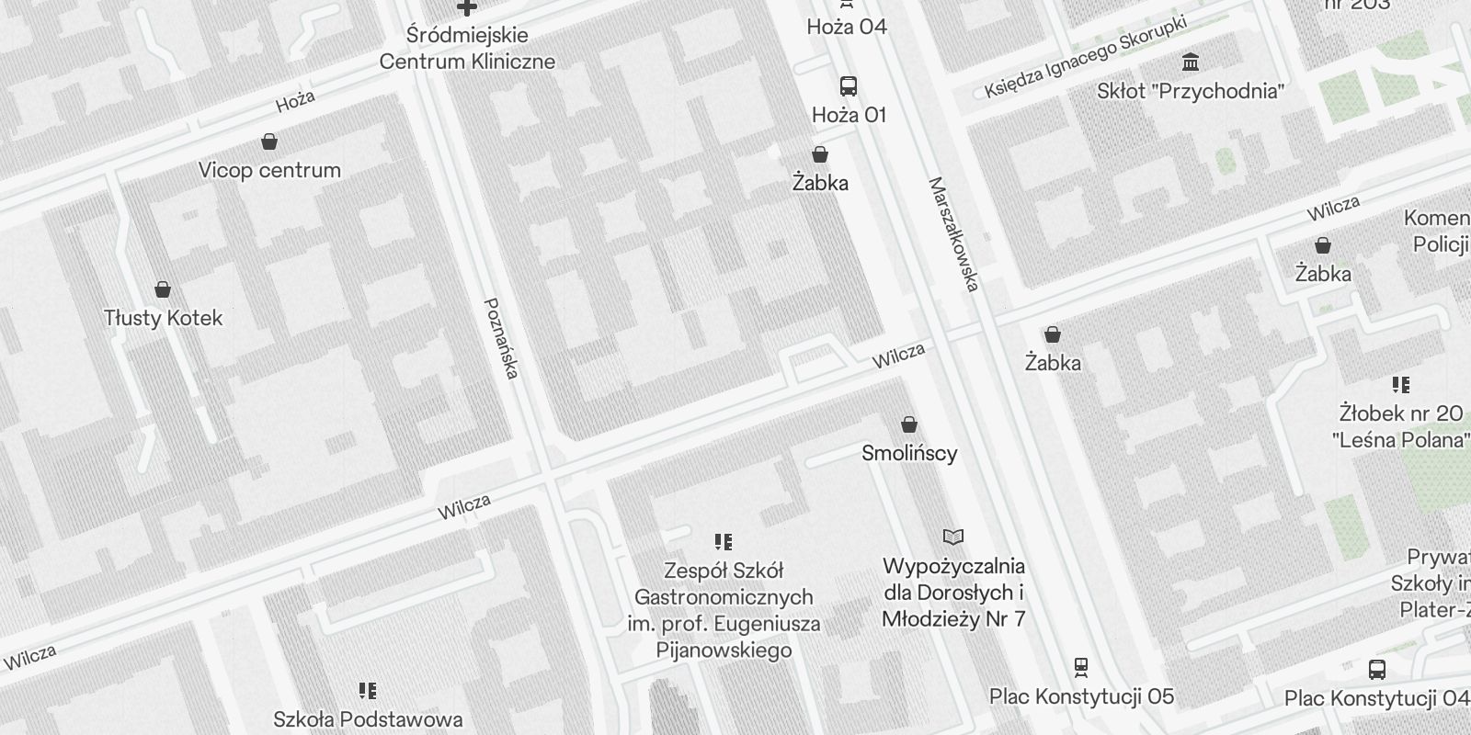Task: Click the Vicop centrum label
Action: (269, 170)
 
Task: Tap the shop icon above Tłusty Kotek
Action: (163, 290)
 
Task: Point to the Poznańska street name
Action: (502, 337)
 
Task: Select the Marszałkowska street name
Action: (952, 234)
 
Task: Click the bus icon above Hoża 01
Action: (849, 87)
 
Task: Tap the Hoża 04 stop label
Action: (847, 27)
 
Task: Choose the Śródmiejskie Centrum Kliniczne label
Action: (467, 49)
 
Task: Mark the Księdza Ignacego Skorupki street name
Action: (1085, 57)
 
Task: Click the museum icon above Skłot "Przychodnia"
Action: (1192, 62)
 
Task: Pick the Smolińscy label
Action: (909, 453)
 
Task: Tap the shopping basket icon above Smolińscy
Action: (909, 424)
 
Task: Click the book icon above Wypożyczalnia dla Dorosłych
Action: (953, 537)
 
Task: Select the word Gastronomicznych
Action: (724, 597)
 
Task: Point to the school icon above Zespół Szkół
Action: (724, 542)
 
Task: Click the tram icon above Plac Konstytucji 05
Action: (1081, 667)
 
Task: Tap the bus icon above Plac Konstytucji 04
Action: (1376, 670)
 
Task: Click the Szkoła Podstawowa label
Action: (368, 718)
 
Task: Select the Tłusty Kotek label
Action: (164, 318)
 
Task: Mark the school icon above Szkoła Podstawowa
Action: (368, 690)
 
